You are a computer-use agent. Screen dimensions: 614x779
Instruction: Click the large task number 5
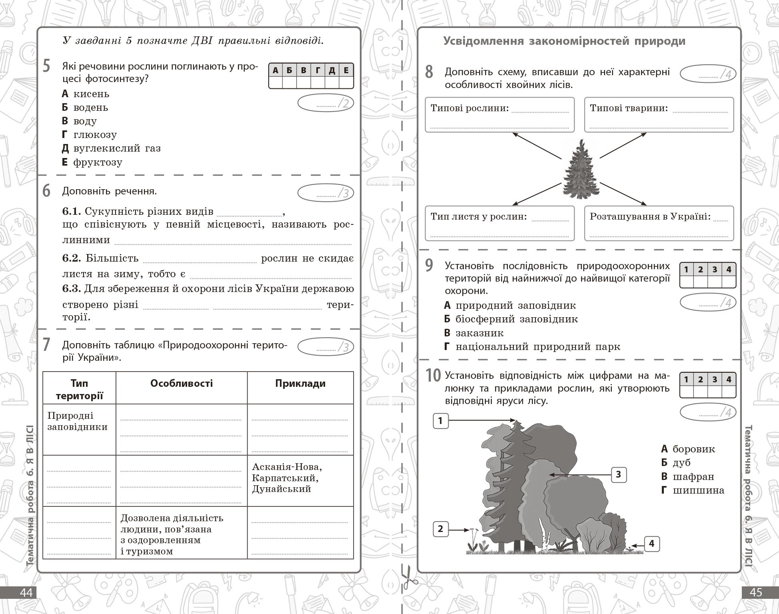tap(46, 66)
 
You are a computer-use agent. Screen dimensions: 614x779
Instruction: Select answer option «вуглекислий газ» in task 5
tap(117, 148)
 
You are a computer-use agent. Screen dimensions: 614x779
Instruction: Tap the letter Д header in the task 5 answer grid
tap(332, 71)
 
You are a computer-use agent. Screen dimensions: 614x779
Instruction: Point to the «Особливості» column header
tap(182, 384)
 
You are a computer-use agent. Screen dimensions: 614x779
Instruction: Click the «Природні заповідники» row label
tap(77, 421)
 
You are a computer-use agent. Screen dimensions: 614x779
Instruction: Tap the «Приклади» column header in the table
tap(300, 384)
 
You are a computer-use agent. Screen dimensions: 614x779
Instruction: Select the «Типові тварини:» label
tap(629, 108)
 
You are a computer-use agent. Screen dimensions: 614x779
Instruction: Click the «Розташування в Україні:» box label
tap(650, 216)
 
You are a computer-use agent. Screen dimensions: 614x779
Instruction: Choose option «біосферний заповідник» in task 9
tap(516, 319)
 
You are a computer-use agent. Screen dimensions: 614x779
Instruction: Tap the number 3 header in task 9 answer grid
tap(715, 270)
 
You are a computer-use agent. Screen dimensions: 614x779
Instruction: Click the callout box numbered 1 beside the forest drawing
tap(440, 421)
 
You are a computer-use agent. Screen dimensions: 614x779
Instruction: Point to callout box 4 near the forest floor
tap(651, 544)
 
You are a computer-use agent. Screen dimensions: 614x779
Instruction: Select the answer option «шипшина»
tap(698, 490)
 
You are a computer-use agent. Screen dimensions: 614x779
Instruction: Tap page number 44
tap(26, 592)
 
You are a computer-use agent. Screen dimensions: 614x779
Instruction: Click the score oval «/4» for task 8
tap(708, 74)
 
